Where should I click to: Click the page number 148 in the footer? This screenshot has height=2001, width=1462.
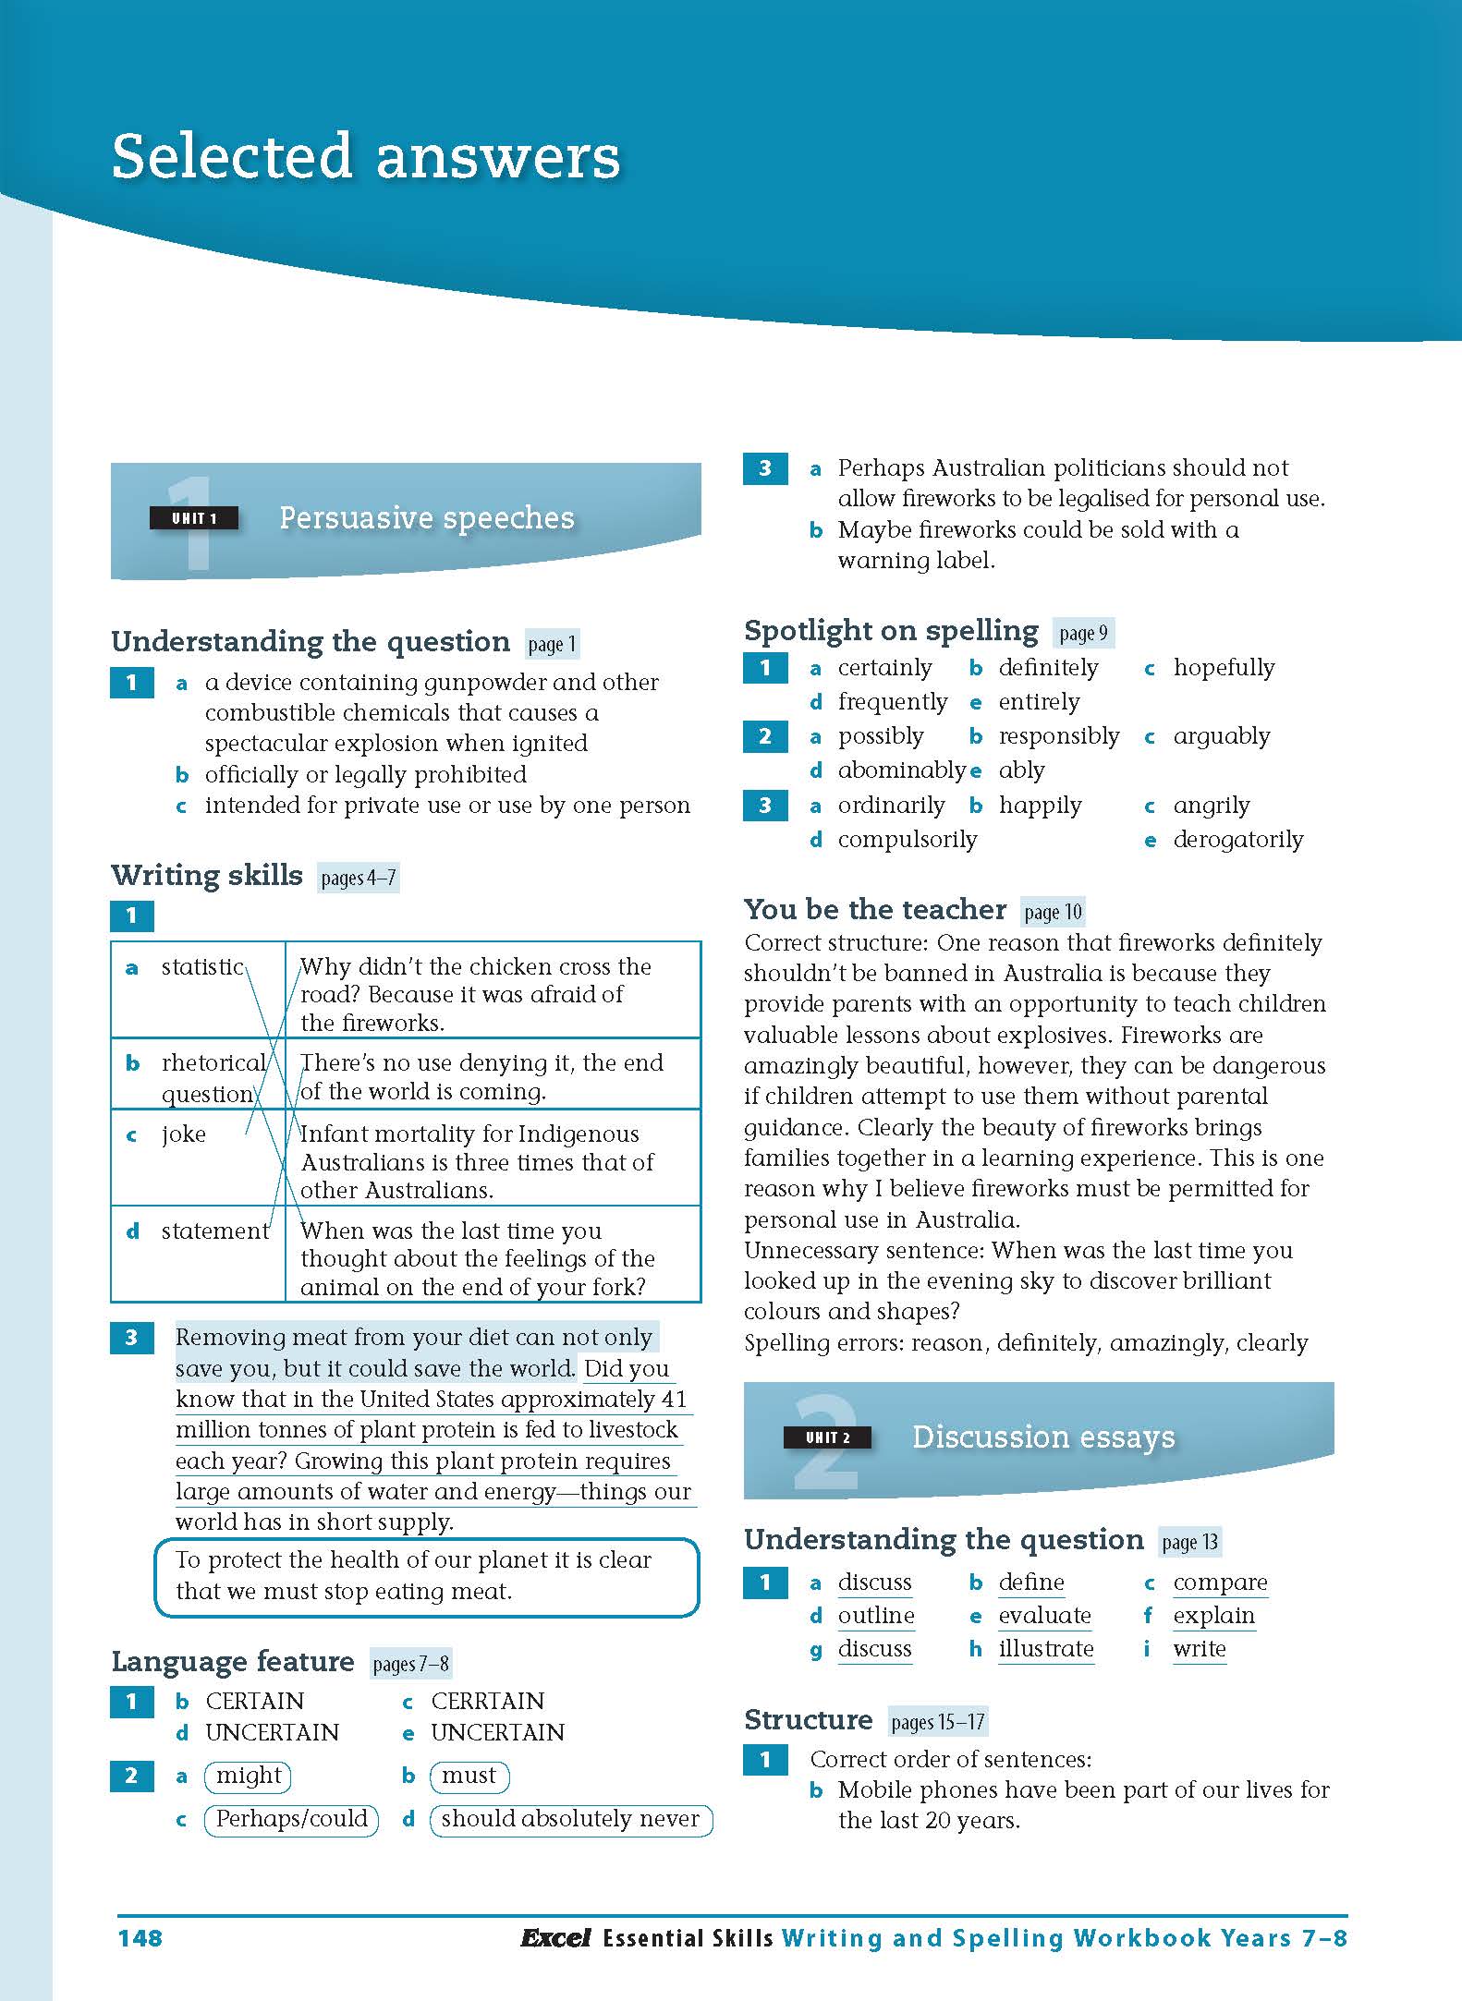tap(140, 1936)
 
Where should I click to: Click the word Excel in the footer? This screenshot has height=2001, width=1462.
tap(554, 1936)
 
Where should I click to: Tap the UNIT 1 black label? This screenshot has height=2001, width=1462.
tap(194, 518)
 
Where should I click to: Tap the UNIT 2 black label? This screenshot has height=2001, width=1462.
tap(827, 1437)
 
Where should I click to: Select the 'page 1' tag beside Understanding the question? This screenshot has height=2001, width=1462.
tap(552, 644)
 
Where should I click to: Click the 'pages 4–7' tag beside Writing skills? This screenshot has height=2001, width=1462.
tap(359, 878)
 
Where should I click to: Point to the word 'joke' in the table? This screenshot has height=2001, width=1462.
tap(184, 1134)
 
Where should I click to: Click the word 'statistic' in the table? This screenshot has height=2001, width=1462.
tap(202, 966)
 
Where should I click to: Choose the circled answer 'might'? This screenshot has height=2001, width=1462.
tap(249, 1776)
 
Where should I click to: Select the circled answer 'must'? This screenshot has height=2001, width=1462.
tap(469, 1776)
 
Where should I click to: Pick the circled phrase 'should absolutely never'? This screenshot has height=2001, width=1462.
tap(570, 1819)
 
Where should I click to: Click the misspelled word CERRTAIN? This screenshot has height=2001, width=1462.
tap(487, 1701)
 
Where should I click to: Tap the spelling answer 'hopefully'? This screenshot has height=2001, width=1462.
tap(1224, 668)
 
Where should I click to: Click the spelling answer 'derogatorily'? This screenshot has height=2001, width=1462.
tap(1237, 840)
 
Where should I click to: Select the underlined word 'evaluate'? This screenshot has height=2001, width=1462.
tap(1044, 1616)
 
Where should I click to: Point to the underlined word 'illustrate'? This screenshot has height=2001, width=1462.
tap(1045, 1649)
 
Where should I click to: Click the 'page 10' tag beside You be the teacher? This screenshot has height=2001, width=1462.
tap(1053, 912)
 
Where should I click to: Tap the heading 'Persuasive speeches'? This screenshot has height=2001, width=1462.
tap(426, 518)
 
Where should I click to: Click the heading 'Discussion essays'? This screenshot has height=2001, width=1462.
tap(1043, 1437)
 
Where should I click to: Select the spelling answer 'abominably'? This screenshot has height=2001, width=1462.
tap(901, 770)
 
